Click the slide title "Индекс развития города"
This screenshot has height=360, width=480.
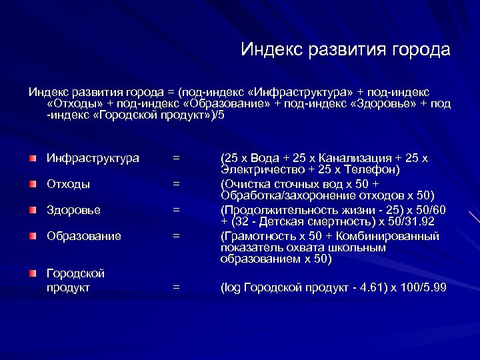click(x=345, y=50)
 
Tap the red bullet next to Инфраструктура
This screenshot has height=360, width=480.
click(x=33, y=159)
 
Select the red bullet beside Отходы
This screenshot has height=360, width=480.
click(x=33, y=184)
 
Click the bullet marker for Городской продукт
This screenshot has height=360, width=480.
click(x=33, y=273)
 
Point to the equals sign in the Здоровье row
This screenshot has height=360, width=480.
click(x=176, y=210)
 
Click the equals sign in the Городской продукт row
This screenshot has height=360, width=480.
click(x=176, y=287)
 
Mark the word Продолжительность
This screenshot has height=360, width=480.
click(x=273, y=210)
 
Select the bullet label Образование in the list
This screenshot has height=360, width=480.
click(x=84, y=236)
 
